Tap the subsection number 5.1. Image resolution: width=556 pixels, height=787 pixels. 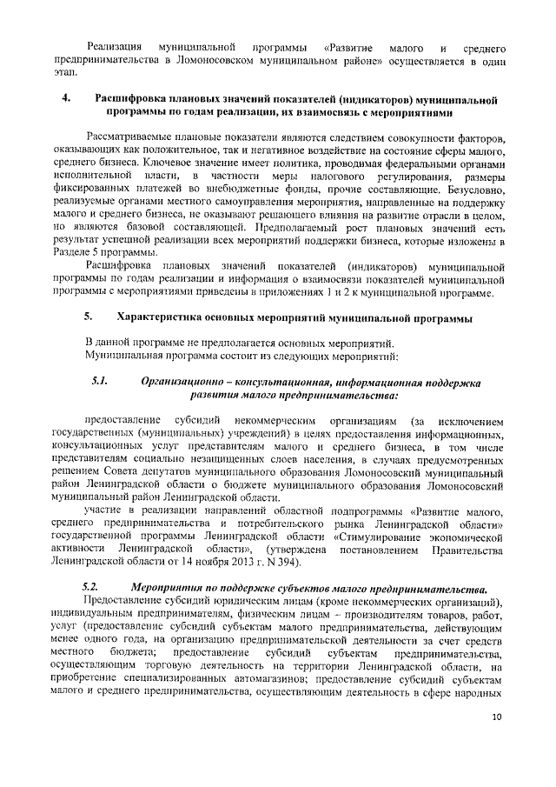pos(98,383)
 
